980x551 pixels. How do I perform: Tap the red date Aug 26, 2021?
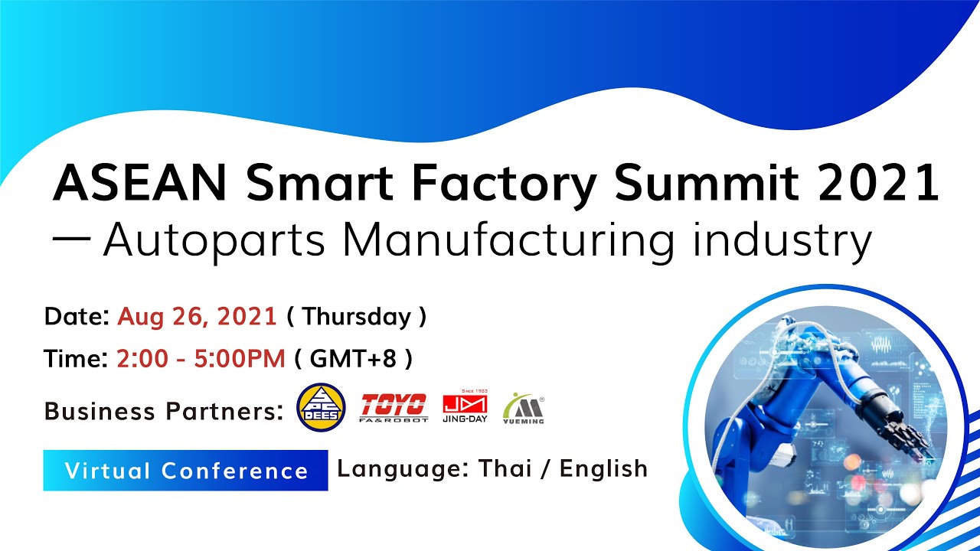tap(197, 317)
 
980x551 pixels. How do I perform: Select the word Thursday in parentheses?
tap(356, 317)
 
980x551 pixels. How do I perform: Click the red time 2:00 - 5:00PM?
tap(201, 358)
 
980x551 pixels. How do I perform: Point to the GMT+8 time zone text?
tap(354, 358)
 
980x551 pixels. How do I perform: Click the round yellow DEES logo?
tap(321, 407)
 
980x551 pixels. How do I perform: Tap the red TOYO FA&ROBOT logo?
tap(394, 408)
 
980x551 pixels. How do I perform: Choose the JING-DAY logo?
tap(465, 408)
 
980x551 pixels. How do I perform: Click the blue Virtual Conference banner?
tap(185, 470)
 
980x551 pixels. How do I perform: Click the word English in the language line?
tap(603, 468)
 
